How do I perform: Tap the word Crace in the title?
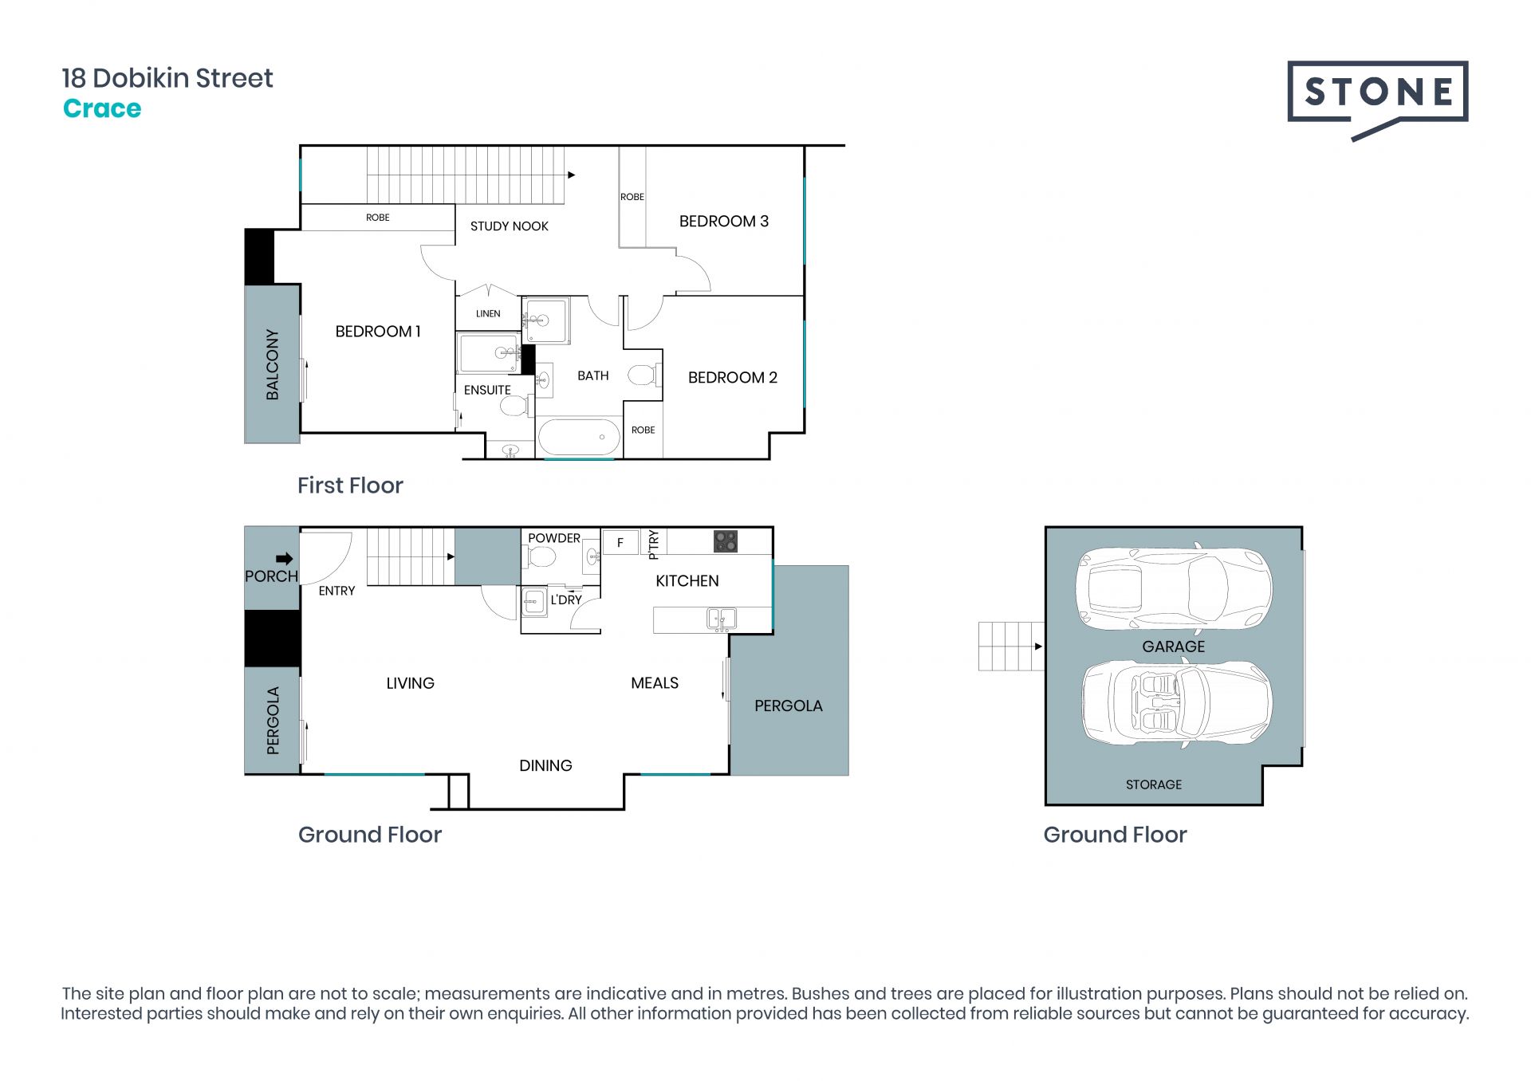point(102,108)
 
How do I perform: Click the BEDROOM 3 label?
point(723,222)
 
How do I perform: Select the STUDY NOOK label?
point(510,226)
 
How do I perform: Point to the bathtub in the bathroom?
point(579,438)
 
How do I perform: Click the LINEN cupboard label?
point(488,313)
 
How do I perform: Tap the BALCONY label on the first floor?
point(273,364)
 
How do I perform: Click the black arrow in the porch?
point(285,559)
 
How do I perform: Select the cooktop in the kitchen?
point(726,542)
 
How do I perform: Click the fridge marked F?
point(620,542)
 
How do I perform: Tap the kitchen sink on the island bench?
point(722,619)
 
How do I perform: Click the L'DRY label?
point(566,600)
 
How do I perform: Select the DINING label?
point(545,766)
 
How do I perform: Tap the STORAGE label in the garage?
point(1154,784)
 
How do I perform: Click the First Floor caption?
point(350,485)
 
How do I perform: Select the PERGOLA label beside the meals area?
point(789,706)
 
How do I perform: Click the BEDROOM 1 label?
point(378,332)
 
